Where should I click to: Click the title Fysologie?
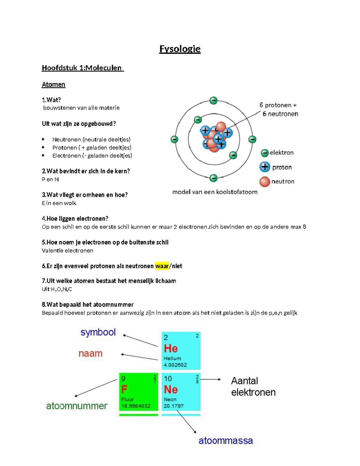(x=180, y=49)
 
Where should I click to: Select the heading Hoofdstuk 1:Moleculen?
(x=82, y=68)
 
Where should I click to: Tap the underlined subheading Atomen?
(x=53, y=85)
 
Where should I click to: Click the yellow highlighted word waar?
(x=162, y=266)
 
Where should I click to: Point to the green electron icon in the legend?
(x=264, y=153)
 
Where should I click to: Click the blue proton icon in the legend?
(x=265, y=167)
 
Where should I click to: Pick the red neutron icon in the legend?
(x=265, y=182)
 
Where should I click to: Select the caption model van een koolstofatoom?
(x=215, y=192)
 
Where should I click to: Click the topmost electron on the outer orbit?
(x=214, y=100)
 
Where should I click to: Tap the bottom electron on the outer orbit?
(x=213, y=178)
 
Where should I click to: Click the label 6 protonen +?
(x=278, y=105)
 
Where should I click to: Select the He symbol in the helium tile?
(x=171, y=349)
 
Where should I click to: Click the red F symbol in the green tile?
(x=124, y=389)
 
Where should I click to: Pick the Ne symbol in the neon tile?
(x=171, y=389)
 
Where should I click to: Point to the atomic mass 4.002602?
(x=175, y=365)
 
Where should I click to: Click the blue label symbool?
(x=98, y=332)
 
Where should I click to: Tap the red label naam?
(x=90, y=353)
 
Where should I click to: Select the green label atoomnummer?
(x=76, y=406)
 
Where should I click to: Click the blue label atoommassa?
(x=226, y=440)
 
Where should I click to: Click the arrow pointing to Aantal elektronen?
(x=211, y=380)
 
